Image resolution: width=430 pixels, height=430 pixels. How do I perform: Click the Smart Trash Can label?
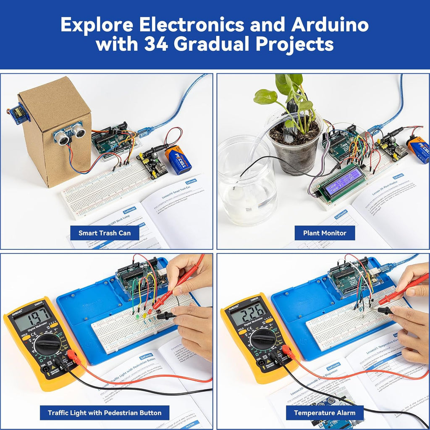pyautogui.click(x=105, y=233)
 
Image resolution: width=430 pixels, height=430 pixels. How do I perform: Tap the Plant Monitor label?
pyautogui.click(x=325, y=233)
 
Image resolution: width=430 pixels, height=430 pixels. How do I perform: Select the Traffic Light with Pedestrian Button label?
pyautogui.click(x=105, y=412)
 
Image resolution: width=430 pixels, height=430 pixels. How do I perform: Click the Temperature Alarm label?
pyautogui.click(x=325, y=412)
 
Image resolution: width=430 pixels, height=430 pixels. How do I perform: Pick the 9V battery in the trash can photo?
pyautogui.click(x=178, y=160)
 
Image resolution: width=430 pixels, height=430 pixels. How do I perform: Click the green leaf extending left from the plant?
pyautogui.click(x=265, y=97)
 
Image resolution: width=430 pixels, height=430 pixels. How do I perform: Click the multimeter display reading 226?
pyautogui.click(x=249, y=313)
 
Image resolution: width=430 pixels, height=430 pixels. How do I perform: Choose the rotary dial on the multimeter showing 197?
pyautogui.click(x=47, y=344)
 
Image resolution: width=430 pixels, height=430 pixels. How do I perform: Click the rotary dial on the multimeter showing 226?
pyautogui.click(x=263, y=338)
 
